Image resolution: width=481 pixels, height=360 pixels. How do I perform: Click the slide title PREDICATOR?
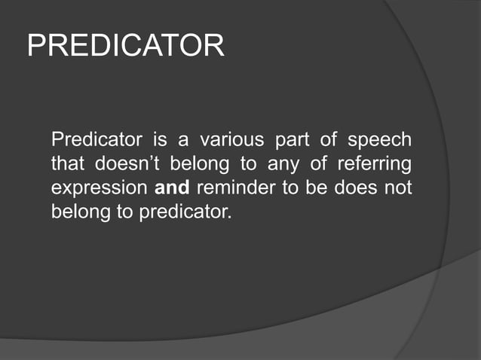click(x=125, y=46)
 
